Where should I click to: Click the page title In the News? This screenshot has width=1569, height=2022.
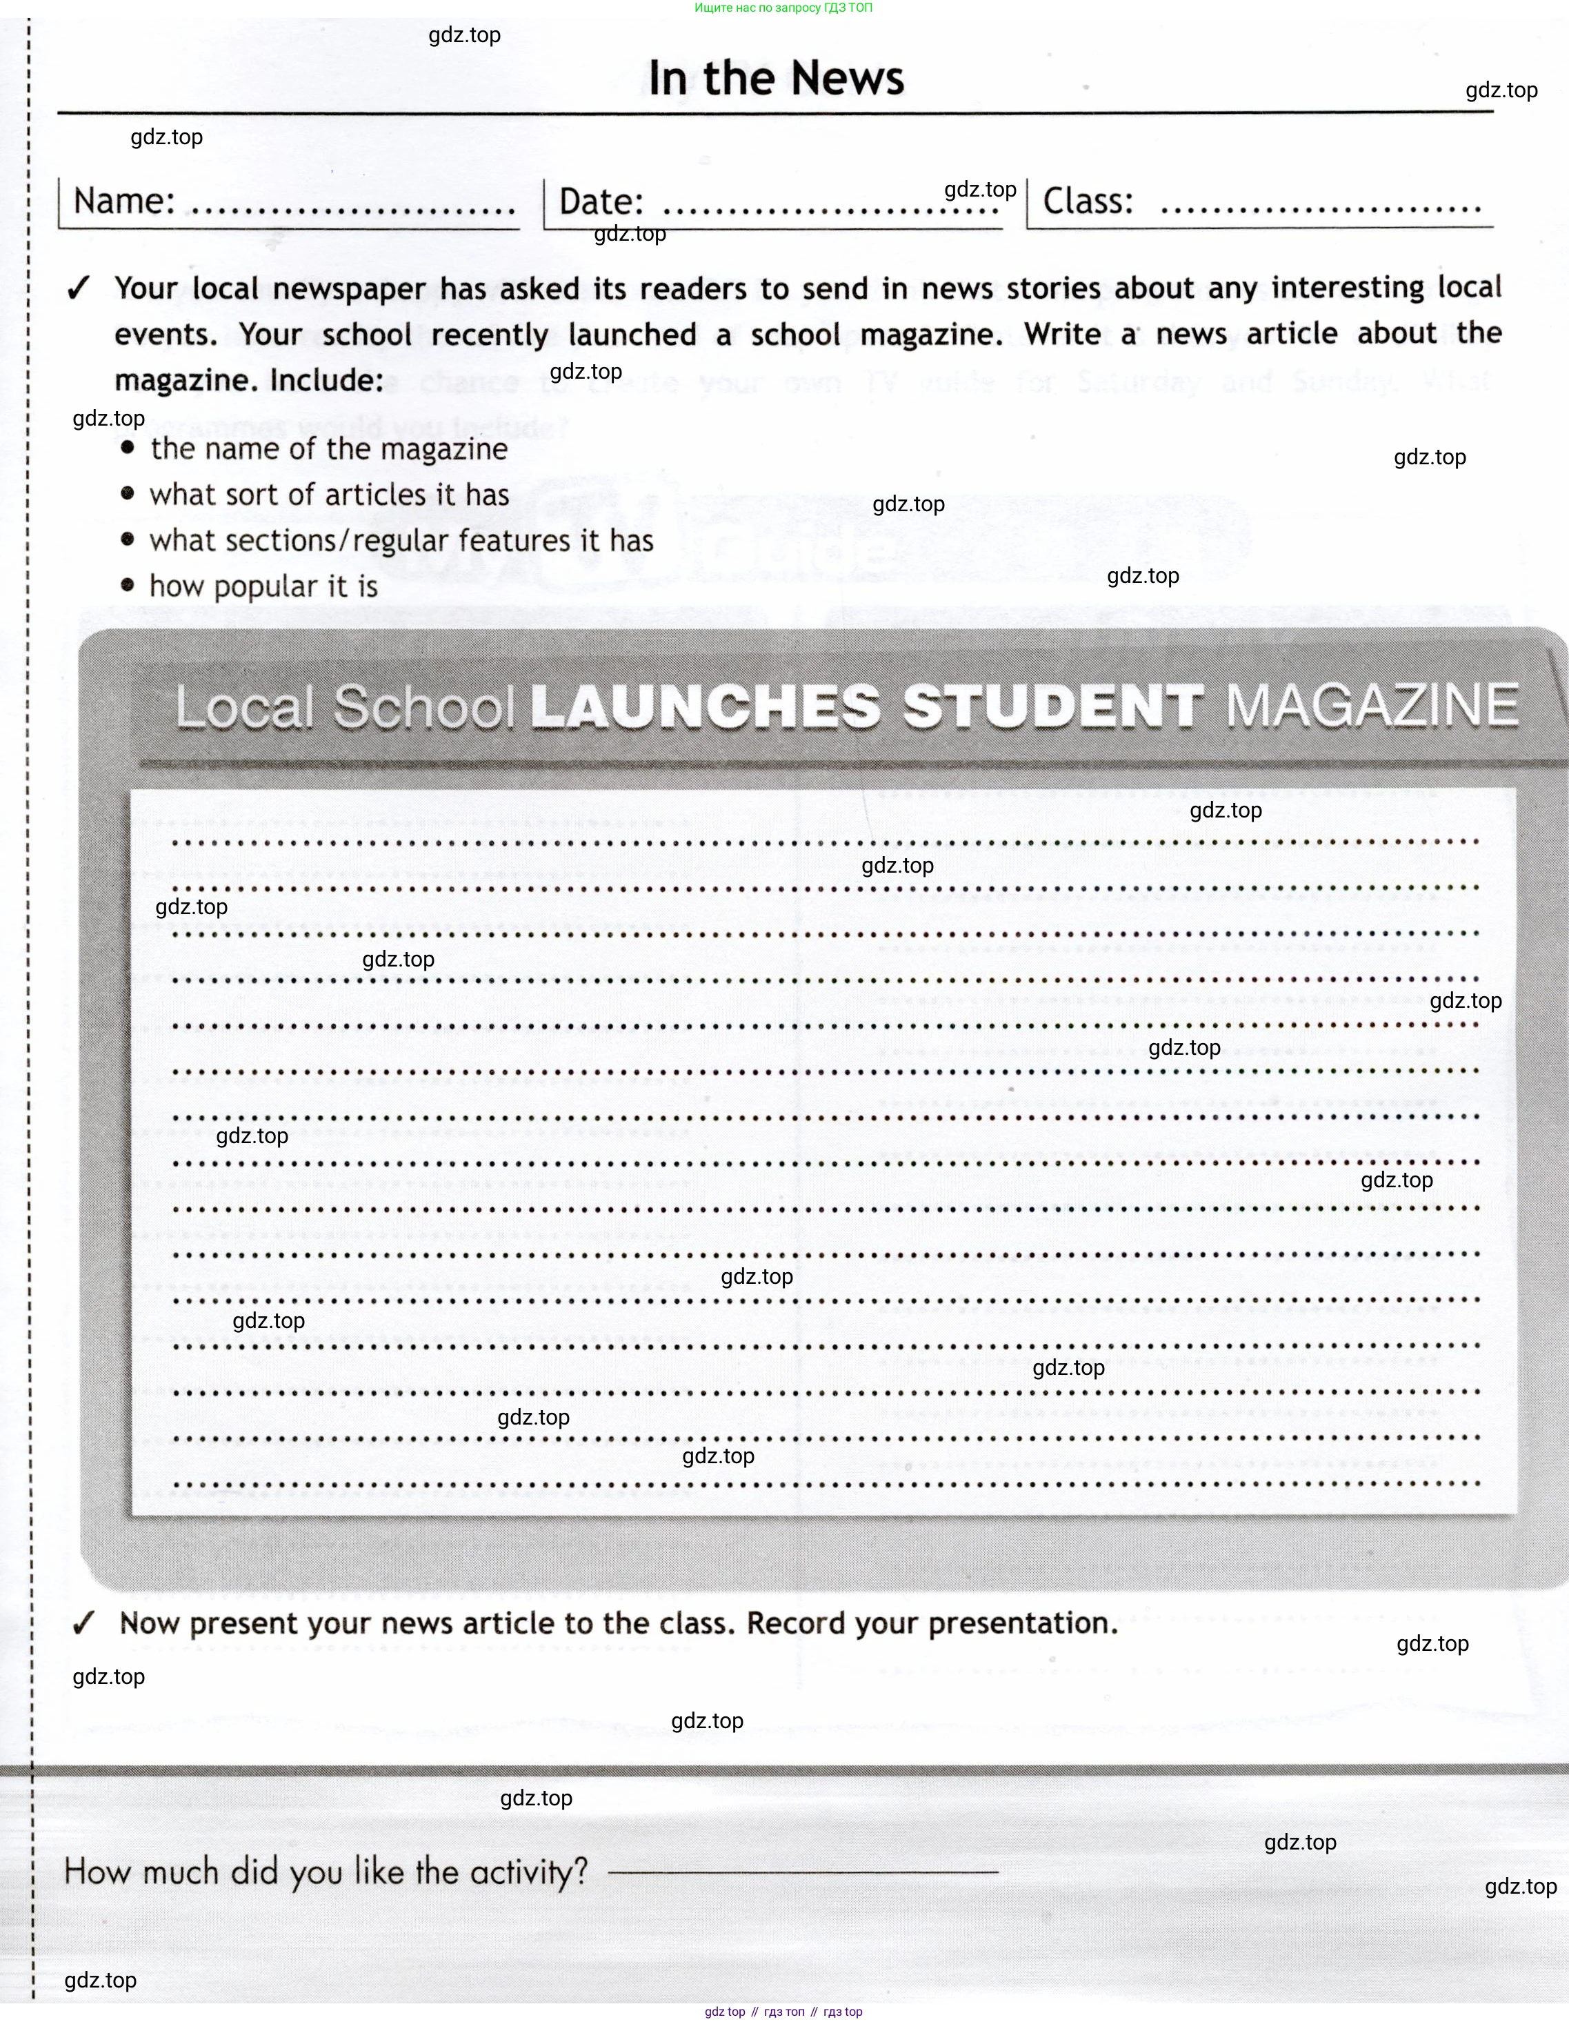tap(776, 78)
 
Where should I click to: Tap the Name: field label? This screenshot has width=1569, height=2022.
tap(124, 201)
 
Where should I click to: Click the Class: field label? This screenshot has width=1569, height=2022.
tap(1088, 201)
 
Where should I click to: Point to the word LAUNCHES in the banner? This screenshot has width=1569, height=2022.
tap(706, 706)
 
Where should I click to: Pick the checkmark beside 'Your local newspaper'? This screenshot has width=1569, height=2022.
tap(79, 289)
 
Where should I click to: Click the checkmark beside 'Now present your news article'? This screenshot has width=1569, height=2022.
tap(83, 1623)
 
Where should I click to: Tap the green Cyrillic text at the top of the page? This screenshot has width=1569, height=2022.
tap(783, 8)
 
